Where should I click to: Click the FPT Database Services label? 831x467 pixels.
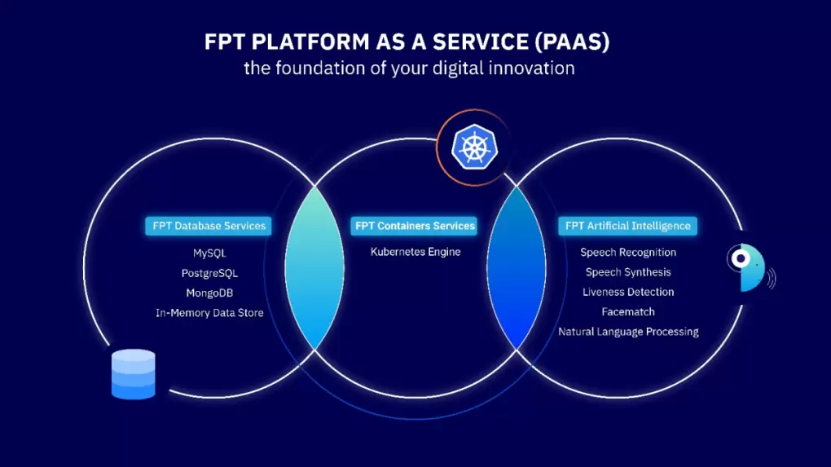(x=209, y=226)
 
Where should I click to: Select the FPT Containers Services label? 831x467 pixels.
(x=414, y=226)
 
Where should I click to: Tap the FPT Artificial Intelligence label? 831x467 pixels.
(x=627, y=226)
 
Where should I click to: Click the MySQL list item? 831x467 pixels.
(x=209, y=253)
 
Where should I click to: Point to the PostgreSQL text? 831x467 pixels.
(x=209, y=274)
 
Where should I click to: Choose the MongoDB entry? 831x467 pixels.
(x=209, y=293)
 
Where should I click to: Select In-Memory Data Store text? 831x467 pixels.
(x=209, y=313)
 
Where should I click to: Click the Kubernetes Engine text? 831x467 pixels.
(x=415, y=252)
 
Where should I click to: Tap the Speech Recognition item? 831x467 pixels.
(x=628, y=253)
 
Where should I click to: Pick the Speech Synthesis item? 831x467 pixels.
(x=628, y=272)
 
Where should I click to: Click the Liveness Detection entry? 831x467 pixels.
(x=628, y=292)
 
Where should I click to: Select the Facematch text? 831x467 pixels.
(x=628, y=311)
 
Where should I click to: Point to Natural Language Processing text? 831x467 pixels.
(x=628, y=332)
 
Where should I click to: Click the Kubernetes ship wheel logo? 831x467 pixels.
(x=474, y=148)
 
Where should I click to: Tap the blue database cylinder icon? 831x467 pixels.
(x=133, y=374)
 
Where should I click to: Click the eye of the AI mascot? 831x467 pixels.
(x=741, y=258)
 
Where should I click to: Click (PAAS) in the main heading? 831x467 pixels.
(x=573, y=42)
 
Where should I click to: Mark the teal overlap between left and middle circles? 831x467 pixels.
(x=314, y=267)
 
